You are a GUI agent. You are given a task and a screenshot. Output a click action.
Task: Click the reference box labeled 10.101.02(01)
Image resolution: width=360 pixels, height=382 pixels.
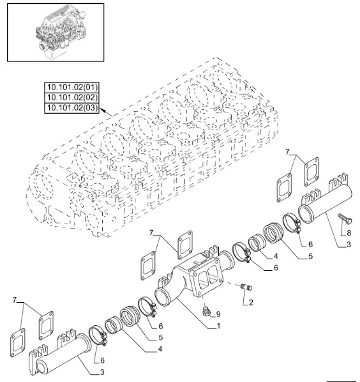click(x=71, y=88)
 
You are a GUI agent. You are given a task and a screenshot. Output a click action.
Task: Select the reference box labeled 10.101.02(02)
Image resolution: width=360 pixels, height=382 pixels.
click(x=71, y=98)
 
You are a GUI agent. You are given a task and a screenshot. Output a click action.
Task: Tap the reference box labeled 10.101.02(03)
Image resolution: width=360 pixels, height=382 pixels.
click(x=71, y=108)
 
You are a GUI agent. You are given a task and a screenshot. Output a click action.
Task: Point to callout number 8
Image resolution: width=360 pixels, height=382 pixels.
click(x=349, y=233)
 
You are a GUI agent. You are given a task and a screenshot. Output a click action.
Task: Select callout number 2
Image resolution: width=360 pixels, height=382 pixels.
click(x=251, y=302)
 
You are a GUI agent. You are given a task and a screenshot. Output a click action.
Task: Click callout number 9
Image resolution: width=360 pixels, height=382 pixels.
click(x=218, y=314)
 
